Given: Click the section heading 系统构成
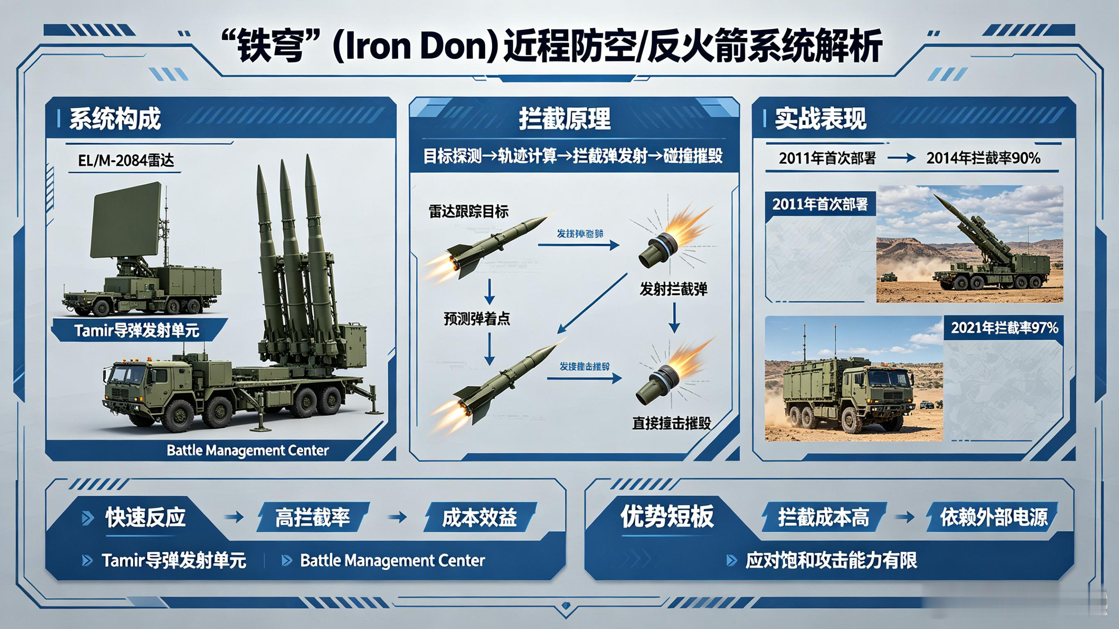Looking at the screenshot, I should pos(115,118).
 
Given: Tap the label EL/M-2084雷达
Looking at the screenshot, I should pos(126,161).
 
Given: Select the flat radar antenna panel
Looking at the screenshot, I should pos(125,220).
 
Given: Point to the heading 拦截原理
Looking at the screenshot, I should pos(565,118).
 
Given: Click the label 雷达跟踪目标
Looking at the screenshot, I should pos(468,211).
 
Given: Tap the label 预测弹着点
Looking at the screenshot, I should pos(477,319).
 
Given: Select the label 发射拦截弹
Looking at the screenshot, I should pos(673,289).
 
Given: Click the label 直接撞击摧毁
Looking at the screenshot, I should pos(671,422).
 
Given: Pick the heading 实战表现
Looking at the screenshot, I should pos(821,118).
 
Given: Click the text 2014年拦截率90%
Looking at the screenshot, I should pos(983,158).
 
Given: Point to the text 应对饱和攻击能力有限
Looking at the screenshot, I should pos(831,561).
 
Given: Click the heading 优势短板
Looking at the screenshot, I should pos(667,516).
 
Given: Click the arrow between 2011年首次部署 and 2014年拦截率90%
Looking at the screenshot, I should pos(901,158).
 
